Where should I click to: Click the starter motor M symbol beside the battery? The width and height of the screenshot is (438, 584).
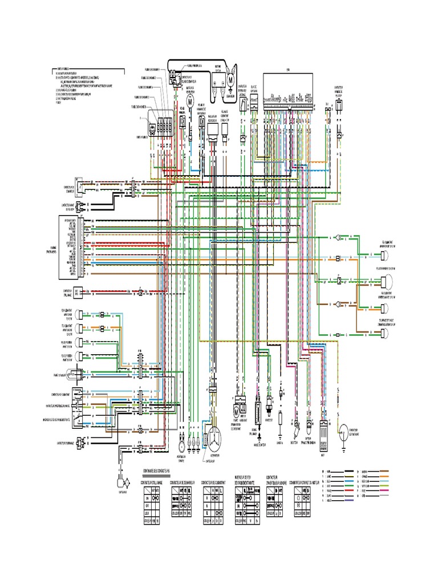point(231,80)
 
